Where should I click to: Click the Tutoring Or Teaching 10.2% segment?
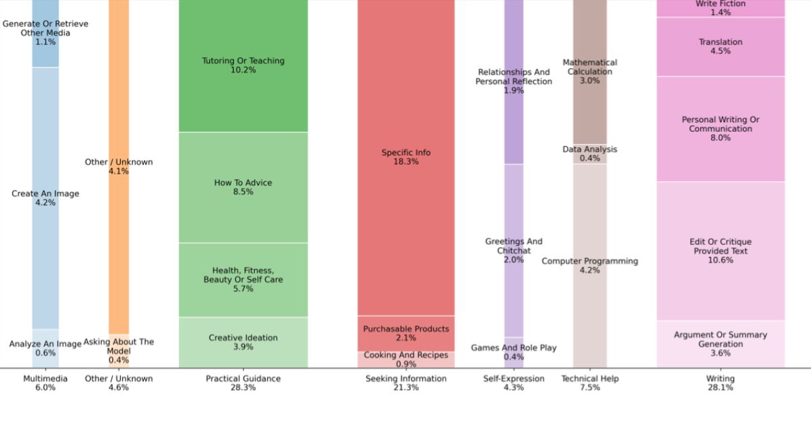coord(243,66)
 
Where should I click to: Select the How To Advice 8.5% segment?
coord(243,187)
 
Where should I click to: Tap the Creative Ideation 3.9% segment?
coord(243,342)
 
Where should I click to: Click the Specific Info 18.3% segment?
coord(406,157)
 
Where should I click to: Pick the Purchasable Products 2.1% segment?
coord(406,333)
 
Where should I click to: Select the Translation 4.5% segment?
coord(720,47)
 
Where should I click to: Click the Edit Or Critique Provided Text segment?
coord(720,251)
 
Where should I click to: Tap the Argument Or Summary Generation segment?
coord(720,344)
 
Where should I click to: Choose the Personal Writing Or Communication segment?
coord(720,128)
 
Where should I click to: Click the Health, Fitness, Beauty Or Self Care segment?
coord(243,280)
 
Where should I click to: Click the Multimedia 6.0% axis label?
coord(45,383)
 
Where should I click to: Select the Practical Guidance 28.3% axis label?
coord(243,383)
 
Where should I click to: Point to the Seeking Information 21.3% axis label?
coord(406,383)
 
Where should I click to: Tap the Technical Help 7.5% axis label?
coord(590,383)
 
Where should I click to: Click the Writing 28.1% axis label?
coord(720,383)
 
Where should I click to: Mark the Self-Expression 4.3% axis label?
coord(514,383)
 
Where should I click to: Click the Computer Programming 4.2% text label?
coord(590,266)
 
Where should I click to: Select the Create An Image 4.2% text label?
coord(45,198)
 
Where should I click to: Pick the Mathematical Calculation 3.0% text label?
coord(590,71)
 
